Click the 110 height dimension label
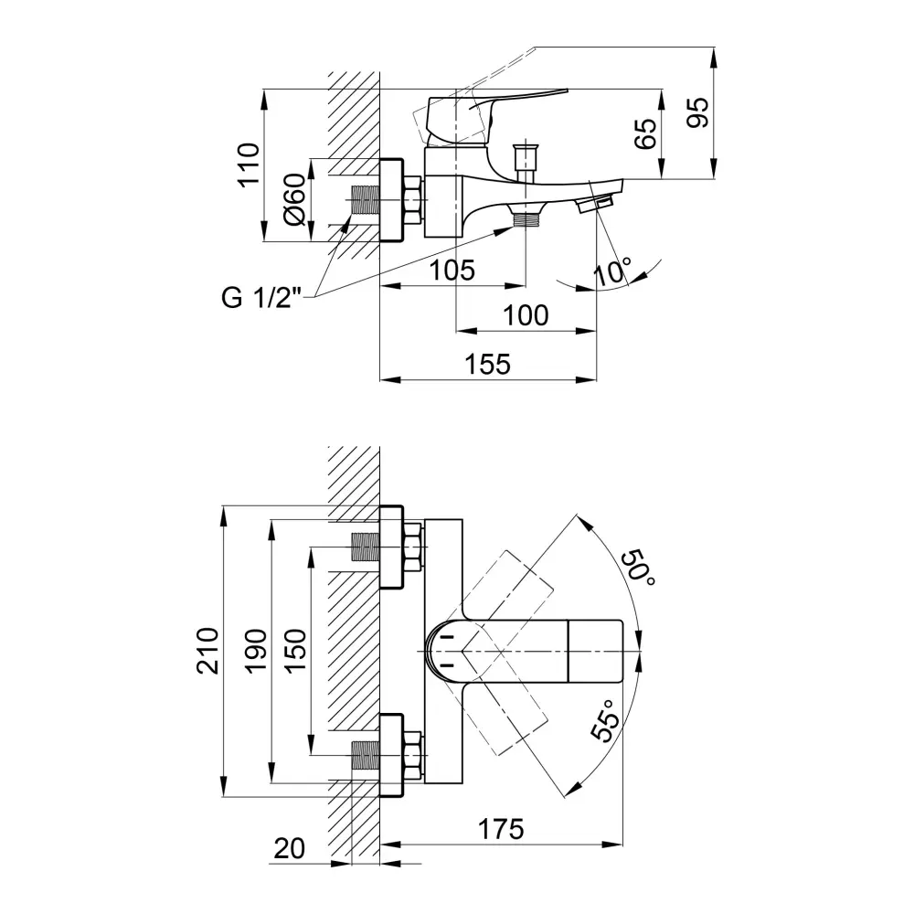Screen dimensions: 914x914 click(x=248, y=165)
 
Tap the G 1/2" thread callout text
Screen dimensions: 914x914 click(x=260, y=298)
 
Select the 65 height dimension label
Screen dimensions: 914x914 click(x=645, y=134)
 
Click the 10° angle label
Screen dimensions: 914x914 click(x=612, y=271)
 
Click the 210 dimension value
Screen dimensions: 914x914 click(x=209, y=650)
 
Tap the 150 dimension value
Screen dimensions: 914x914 click(x=294, y=650)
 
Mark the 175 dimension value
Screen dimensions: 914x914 click(x=501, y=829)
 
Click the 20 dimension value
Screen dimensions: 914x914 click(x=289, y=848)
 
